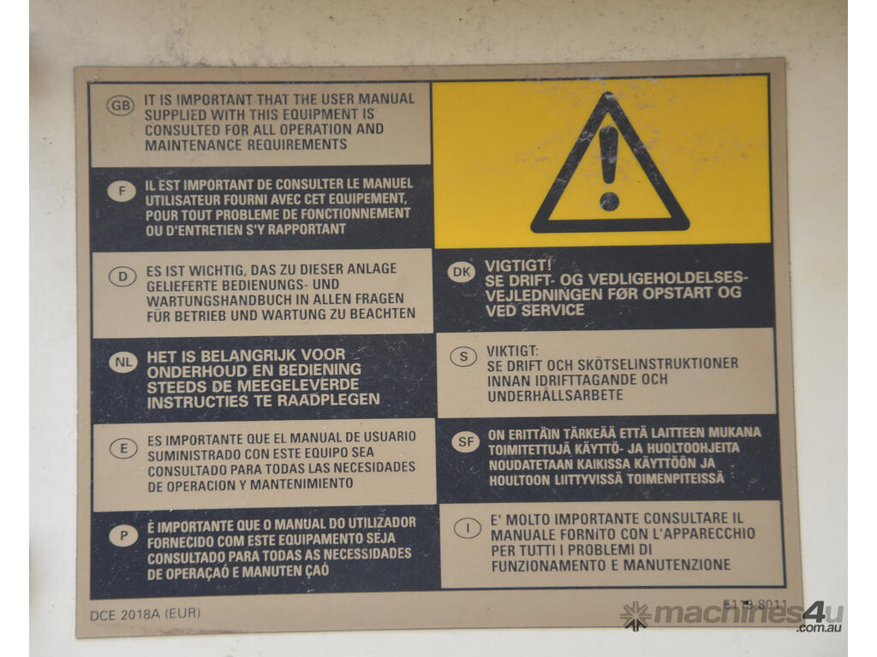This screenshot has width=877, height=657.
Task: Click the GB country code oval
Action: tap(120, 105)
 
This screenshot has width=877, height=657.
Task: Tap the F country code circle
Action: tap(122, 192)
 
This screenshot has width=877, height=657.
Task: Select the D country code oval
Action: tap(122, 276)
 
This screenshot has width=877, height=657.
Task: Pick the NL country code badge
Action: tap(123, 362)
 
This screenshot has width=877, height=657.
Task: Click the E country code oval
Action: tap(123, 448)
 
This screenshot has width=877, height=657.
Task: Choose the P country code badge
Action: tap(123, 536)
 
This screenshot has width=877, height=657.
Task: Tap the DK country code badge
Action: tap(462, 272)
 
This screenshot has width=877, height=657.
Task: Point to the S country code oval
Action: tap(463, 357)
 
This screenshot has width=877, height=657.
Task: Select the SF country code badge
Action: tap(466, 442)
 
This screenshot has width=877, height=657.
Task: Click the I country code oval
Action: tap(468, 528)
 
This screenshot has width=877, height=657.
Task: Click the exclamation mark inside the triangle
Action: tap(609, 169)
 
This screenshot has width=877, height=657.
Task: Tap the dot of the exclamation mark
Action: tap(609, 201)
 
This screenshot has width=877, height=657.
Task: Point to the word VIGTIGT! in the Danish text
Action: tap(518, 265)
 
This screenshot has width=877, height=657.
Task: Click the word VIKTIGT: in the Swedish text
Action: tap(512, 351)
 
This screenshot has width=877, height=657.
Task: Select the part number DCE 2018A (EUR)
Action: tap(145, 614)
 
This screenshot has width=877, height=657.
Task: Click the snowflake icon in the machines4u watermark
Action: tap(635, 616)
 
